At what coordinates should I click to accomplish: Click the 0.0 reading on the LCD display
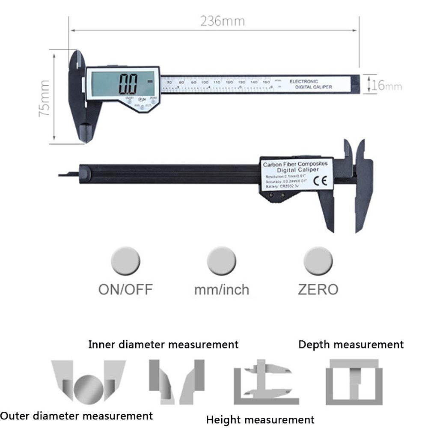point(128,84)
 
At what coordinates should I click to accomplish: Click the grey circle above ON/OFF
point(125,261)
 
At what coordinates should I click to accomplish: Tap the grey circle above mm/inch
point(221,261)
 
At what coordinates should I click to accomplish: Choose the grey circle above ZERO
point(318,261)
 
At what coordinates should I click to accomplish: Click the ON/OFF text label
point(125,289)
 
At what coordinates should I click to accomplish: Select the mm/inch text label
point(221,289)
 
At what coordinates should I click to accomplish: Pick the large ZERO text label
point(318,289)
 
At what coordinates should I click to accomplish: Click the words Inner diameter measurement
point(163,344)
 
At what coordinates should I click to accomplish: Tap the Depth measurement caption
point(351,344)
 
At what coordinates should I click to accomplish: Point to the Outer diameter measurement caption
point(76,415)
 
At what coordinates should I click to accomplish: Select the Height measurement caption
point(260,419)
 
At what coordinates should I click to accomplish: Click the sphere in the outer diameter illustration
point(89,389)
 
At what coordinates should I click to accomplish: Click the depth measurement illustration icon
point(354,382)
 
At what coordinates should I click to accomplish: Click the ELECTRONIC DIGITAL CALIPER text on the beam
point(310,84)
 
